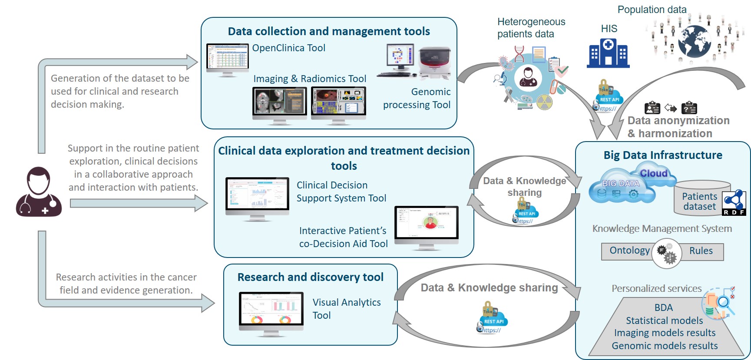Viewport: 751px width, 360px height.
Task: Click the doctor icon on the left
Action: click(x=39, y=192)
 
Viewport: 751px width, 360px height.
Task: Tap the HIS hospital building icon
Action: click(x=608, y=53)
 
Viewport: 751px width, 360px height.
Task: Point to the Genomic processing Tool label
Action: click(x=417, y=98)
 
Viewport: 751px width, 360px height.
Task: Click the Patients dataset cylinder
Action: click(x=699, y=198)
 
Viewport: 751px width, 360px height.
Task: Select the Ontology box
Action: click(x=629, y=251)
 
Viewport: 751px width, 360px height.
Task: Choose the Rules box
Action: click(x=701, y=251)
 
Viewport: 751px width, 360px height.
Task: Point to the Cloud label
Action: click(x=654, y=173)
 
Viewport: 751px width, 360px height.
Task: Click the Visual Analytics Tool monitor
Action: click(x=271, y=312)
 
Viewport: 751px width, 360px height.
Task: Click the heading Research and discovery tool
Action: click(x=310, y=277)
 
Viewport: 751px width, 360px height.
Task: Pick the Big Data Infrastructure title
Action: click(x=663, y=155)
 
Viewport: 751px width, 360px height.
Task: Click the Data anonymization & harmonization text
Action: click(x=678, y=127)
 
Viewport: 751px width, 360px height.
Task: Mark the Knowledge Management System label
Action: click(x=662, y=228)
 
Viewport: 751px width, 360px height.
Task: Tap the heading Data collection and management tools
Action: click(x=329, y=31)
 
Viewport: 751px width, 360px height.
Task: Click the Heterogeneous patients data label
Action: click(x=531, y=28)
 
